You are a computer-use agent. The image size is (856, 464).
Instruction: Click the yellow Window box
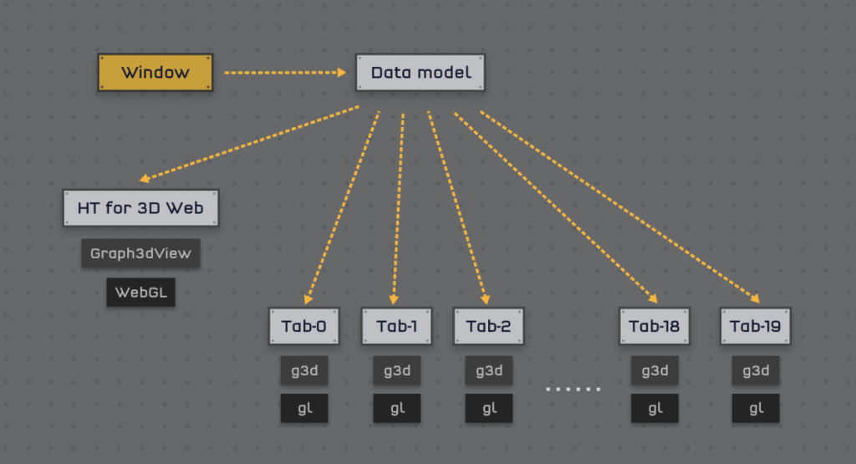(155, 73)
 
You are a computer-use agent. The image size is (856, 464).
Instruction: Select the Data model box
(420, 73)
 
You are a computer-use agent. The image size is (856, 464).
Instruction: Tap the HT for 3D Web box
(140, 207)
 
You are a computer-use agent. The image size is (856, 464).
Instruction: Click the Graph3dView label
(140, 253)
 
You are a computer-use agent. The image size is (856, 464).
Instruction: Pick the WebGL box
(140, 293)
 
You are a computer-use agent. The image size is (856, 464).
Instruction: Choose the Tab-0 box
(304, 326)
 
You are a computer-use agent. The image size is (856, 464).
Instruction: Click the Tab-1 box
(396, 326)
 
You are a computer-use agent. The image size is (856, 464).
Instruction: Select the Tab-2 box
(488, 326)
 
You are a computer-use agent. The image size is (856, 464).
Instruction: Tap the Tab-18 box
(655, 326)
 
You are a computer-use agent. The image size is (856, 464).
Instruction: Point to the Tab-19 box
(755, 326)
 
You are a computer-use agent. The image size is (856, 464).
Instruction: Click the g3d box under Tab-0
(304, 370)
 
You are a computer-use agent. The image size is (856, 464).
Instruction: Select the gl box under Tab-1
(396, 408)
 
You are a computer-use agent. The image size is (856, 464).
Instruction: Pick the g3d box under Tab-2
(488, 370)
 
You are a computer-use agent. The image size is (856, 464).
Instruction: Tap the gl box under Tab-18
(655, 408)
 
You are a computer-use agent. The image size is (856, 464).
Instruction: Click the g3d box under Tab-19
(755, 370)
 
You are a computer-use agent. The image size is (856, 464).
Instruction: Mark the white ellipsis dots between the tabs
(573, 389)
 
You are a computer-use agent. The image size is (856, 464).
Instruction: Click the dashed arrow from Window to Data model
(284, 73)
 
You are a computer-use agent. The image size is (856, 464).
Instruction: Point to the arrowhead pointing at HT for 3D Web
(145, 178)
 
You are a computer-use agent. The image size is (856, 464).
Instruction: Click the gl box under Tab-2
(488, 408)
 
